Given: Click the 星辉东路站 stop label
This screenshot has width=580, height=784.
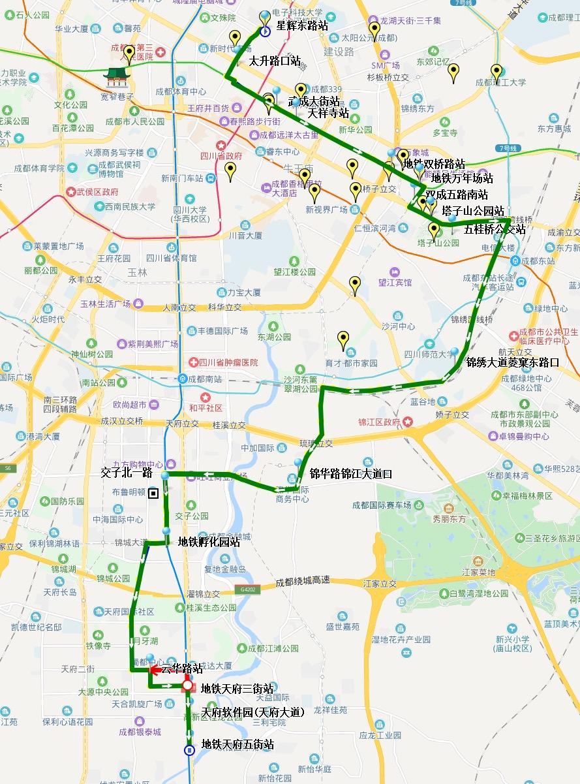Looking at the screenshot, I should pyautogui.click(x=302, y=25).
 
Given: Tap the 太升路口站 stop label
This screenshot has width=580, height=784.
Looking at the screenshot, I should pyautogui.click(x=275, y=61).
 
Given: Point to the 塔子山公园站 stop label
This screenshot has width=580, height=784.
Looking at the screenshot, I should pyautogui.click(x=473, y=210).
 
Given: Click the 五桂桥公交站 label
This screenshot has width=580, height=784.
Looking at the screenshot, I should pyautogui.click(x=495, y=230).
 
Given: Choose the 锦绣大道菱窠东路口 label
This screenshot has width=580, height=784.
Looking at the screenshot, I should pyautogui.click(x=513, y=362).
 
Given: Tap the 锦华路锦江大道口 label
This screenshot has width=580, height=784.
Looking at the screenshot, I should pyautogui.click(x=351, y=474).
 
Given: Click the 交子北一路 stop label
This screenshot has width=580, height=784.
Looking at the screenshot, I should pyautogui.click(x=127, y=471).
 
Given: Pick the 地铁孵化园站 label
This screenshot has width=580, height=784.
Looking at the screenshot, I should pyautogui.click(x=209, y=542).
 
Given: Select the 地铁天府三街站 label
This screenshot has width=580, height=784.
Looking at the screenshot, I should pyautogui.click(x=237, y=688).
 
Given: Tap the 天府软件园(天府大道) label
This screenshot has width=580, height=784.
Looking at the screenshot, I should pyautogui.click(x=253, y=712).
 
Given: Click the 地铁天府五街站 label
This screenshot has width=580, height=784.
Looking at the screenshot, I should pyautogui.click(x=237, y=745).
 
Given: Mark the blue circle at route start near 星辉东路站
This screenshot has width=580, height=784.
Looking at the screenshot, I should pyautogui.click(x=265, y=31).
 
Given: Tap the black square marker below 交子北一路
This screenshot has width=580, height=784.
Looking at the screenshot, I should pyautogui.click(x=153, y=494).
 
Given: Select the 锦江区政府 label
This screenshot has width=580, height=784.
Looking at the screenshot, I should pyautogui.click(x=378, y=422).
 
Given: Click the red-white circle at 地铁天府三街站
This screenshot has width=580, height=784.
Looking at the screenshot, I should pyautogui.click(x=188, y=685).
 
